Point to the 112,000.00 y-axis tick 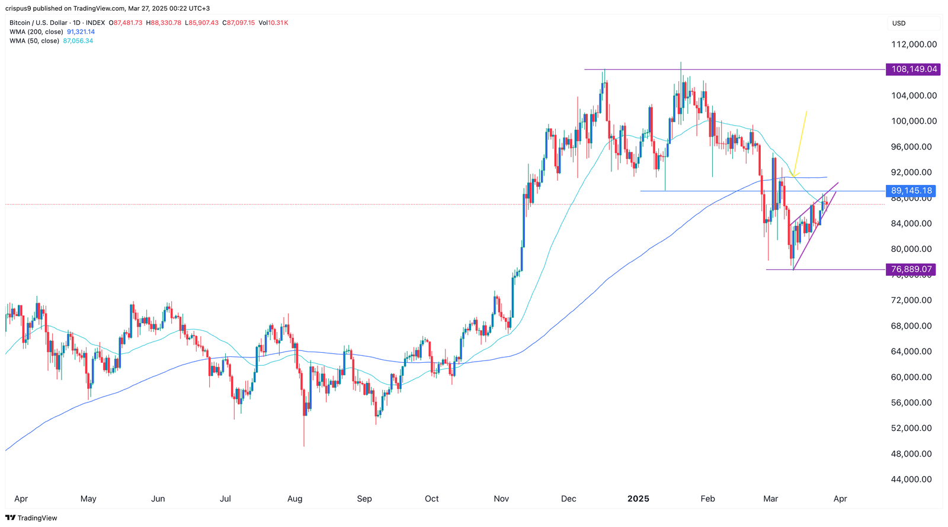tap(915, 44)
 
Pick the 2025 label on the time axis tap(638, 499)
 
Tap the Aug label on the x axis tap(294, 499)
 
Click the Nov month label tap(501, 499)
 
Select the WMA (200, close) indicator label tap(36, 32)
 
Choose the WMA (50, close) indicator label tap(34, 41)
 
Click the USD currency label tap(899, 23)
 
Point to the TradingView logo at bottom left tap(31, 518)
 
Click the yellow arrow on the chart tap(799, 142)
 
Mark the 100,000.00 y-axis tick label tap(915, 121)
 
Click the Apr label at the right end tap(840, 499)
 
